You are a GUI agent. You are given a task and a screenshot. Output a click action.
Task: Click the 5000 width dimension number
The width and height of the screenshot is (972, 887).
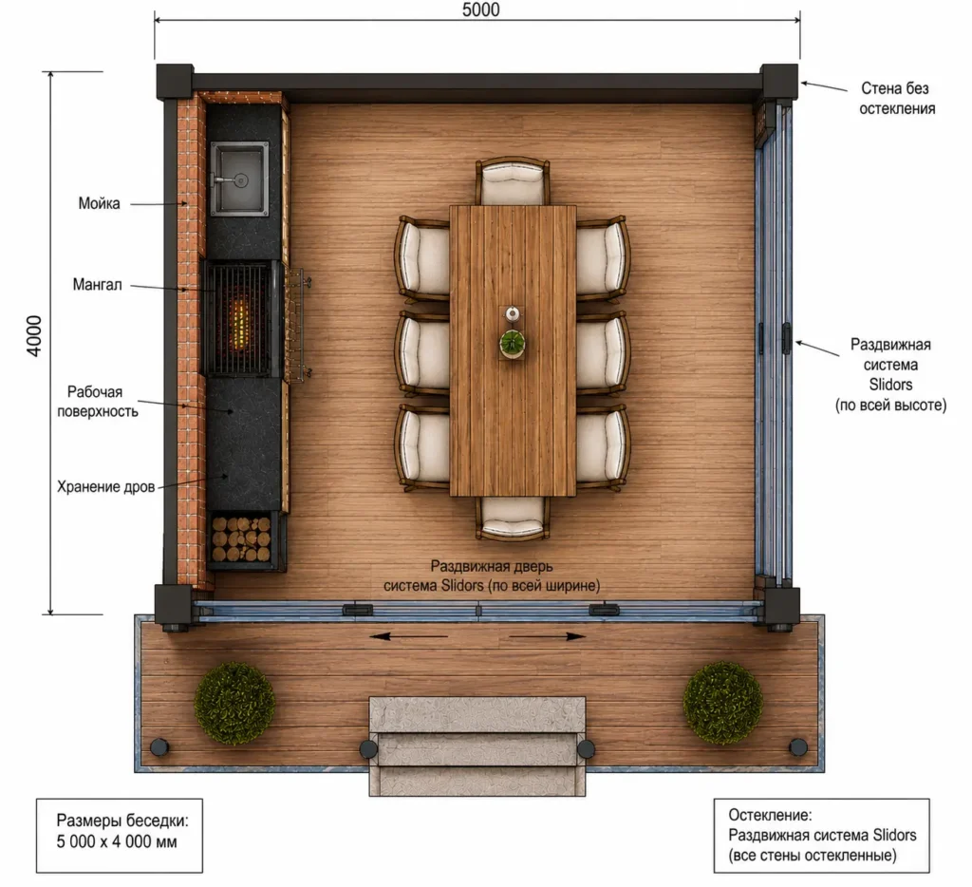(480, 9)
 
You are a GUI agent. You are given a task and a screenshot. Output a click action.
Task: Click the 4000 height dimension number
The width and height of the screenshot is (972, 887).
(34, 335)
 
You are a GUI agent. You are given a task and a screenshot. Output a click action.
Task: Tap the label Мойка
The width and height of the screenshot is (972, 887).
(99, 203)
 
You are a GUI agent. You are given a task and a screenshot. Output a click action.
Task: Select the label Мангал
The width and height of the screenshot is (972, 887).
(98, 285)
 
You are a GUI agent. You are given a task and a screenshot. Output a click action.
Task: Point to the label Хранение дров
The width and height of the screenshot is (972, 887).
(106, 487)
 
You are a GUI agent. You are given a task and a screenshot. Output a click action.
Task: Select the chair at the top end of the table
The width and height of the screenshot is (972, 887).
(513, 180)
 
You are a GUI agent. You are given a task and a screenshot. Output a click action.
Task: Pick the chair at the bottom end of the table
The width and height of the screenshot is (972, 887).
(513, 518)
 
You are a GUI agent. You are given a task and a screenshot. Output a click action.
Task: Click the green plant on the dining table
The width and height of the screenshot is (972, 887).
(513, 343)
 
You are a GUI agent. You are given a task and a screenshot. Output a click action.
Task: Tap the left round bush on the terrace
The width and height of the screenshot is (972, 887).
(234, 703)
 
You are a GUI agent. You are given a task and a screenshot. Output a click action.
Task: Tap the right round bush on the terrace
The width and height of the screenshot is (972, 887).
(722, 703)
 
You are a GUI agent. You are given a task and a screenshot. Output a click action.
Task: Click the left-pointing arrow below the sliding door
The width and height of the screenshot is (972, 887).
(409, 636)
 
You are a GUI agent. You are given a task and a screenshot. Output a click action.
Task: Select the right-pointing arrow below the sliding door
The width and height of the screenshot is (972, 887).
(548, 636)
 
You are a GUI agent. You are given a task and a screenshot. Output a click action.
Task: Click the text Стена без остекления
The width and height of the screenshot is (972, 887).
(896, 99)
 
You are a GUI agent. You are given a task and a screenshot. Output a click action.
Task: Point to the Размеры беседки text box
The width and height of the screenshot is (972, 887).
(120, 836)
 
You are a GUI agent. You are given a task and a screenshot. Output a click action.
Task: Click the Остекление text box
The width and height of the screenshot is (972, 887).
(821, 836)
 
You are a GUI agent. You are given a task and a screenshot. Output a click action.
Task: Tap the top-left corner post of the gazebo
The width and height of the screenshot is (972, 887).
(175, 82)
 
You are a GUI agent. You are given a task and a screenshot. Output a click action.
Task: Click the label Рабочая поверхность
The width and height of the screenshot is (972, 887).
(98, 402)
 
